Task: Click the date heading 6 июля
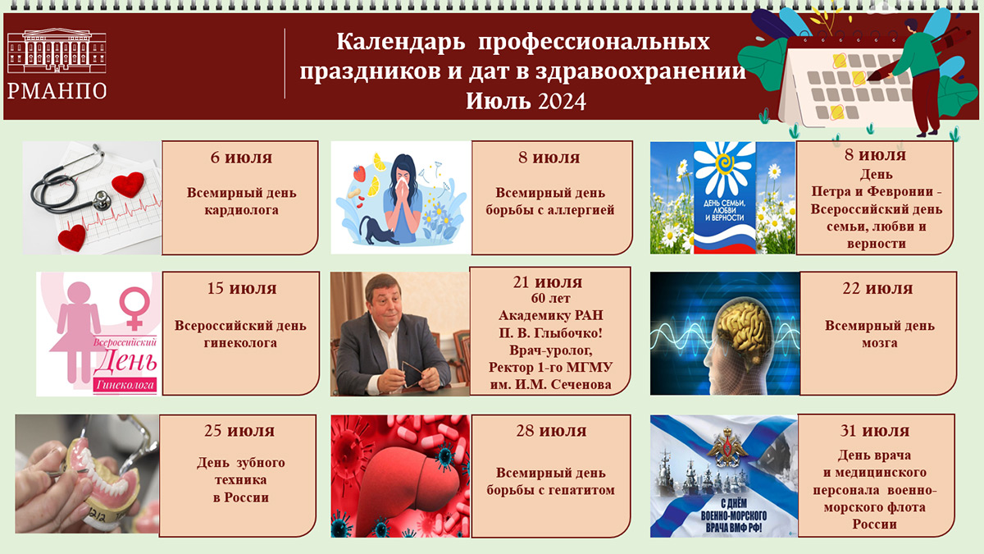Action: [x=240, y=158]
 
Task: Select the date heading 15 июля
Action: [x=241, y=288]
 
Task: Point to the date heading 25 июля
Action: [x=239, y=431]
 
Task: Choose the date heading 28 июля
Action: [x=551, y=431]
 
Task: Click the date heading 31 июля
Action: [x=875, y=431]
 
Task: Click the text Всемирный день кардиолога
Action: [x=241, y=201]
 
